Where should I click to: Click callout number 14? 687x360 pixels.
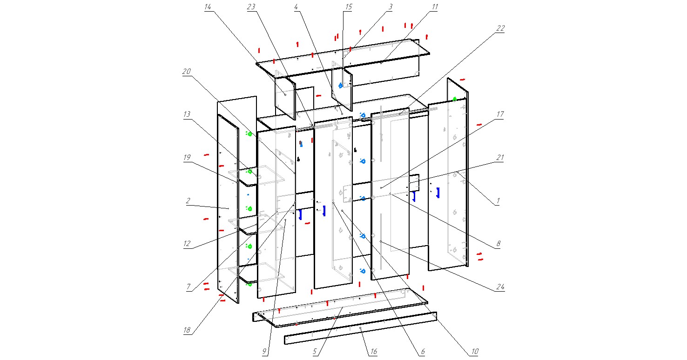click(208, 7)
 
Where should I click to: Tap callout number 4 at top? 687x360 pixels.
click(296, 7)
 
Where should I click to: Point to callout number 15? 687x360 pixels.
click(349, 7)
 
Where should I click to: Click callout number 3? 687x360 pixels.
click(390, 7)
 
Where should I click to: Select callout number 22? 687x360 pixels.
click(500, 28)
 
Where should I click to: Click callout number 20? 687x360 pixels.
click(187, 71)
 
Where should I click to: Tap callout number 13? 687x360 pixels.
click(187, 114)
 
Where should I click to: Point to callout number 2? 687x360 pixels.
click(188, 200)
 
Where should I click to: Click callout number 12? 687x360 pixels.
click(187, 243)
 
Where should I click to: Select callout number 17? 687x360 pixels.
click(500, 114)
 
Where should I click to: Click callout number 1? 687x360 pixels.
click(498, 200)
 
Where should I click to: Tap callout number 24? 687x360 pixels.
click(500, 287)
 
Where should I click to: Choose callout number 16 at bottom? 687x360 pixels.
click(373, 352)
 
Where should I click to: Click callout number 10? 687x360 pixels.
click(474, 352)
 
